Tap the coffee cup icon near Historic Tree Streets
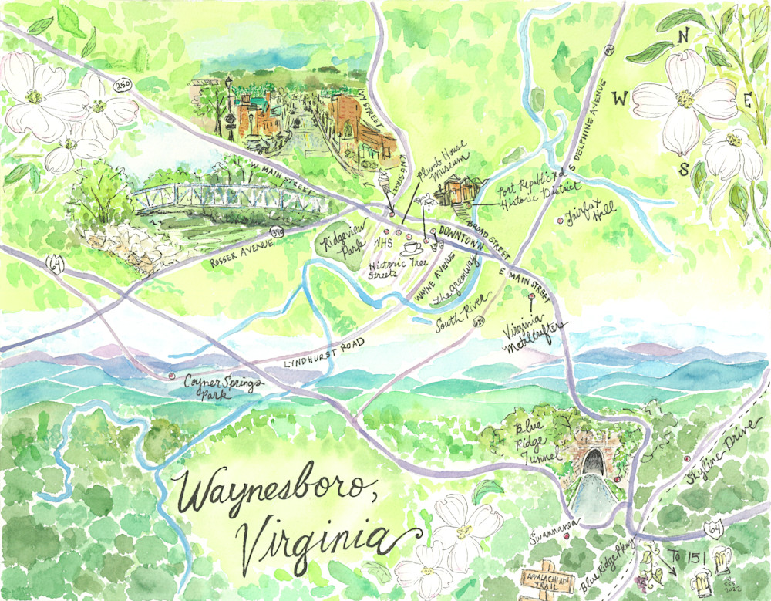411,248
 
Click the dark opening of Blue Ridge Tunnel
592,462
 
